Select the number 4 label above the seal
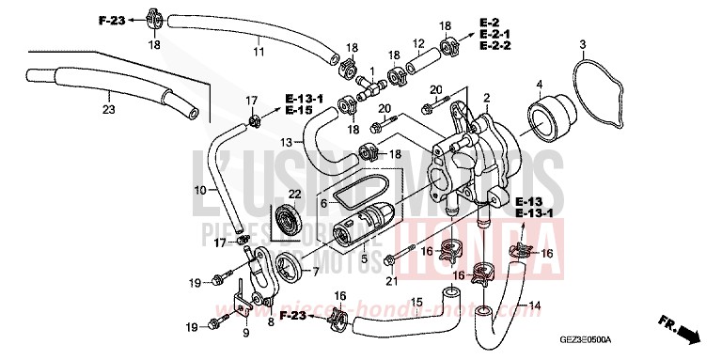539,86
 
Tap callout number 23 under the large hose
108,110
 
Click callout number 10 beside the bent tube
199,191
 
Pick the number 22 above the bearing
294,194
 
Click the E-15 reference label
300,111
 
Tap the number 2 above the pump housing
487,98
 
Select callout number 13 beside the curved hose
287,141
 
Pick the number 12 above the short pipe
419,43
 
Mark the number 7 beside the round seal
316,272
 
